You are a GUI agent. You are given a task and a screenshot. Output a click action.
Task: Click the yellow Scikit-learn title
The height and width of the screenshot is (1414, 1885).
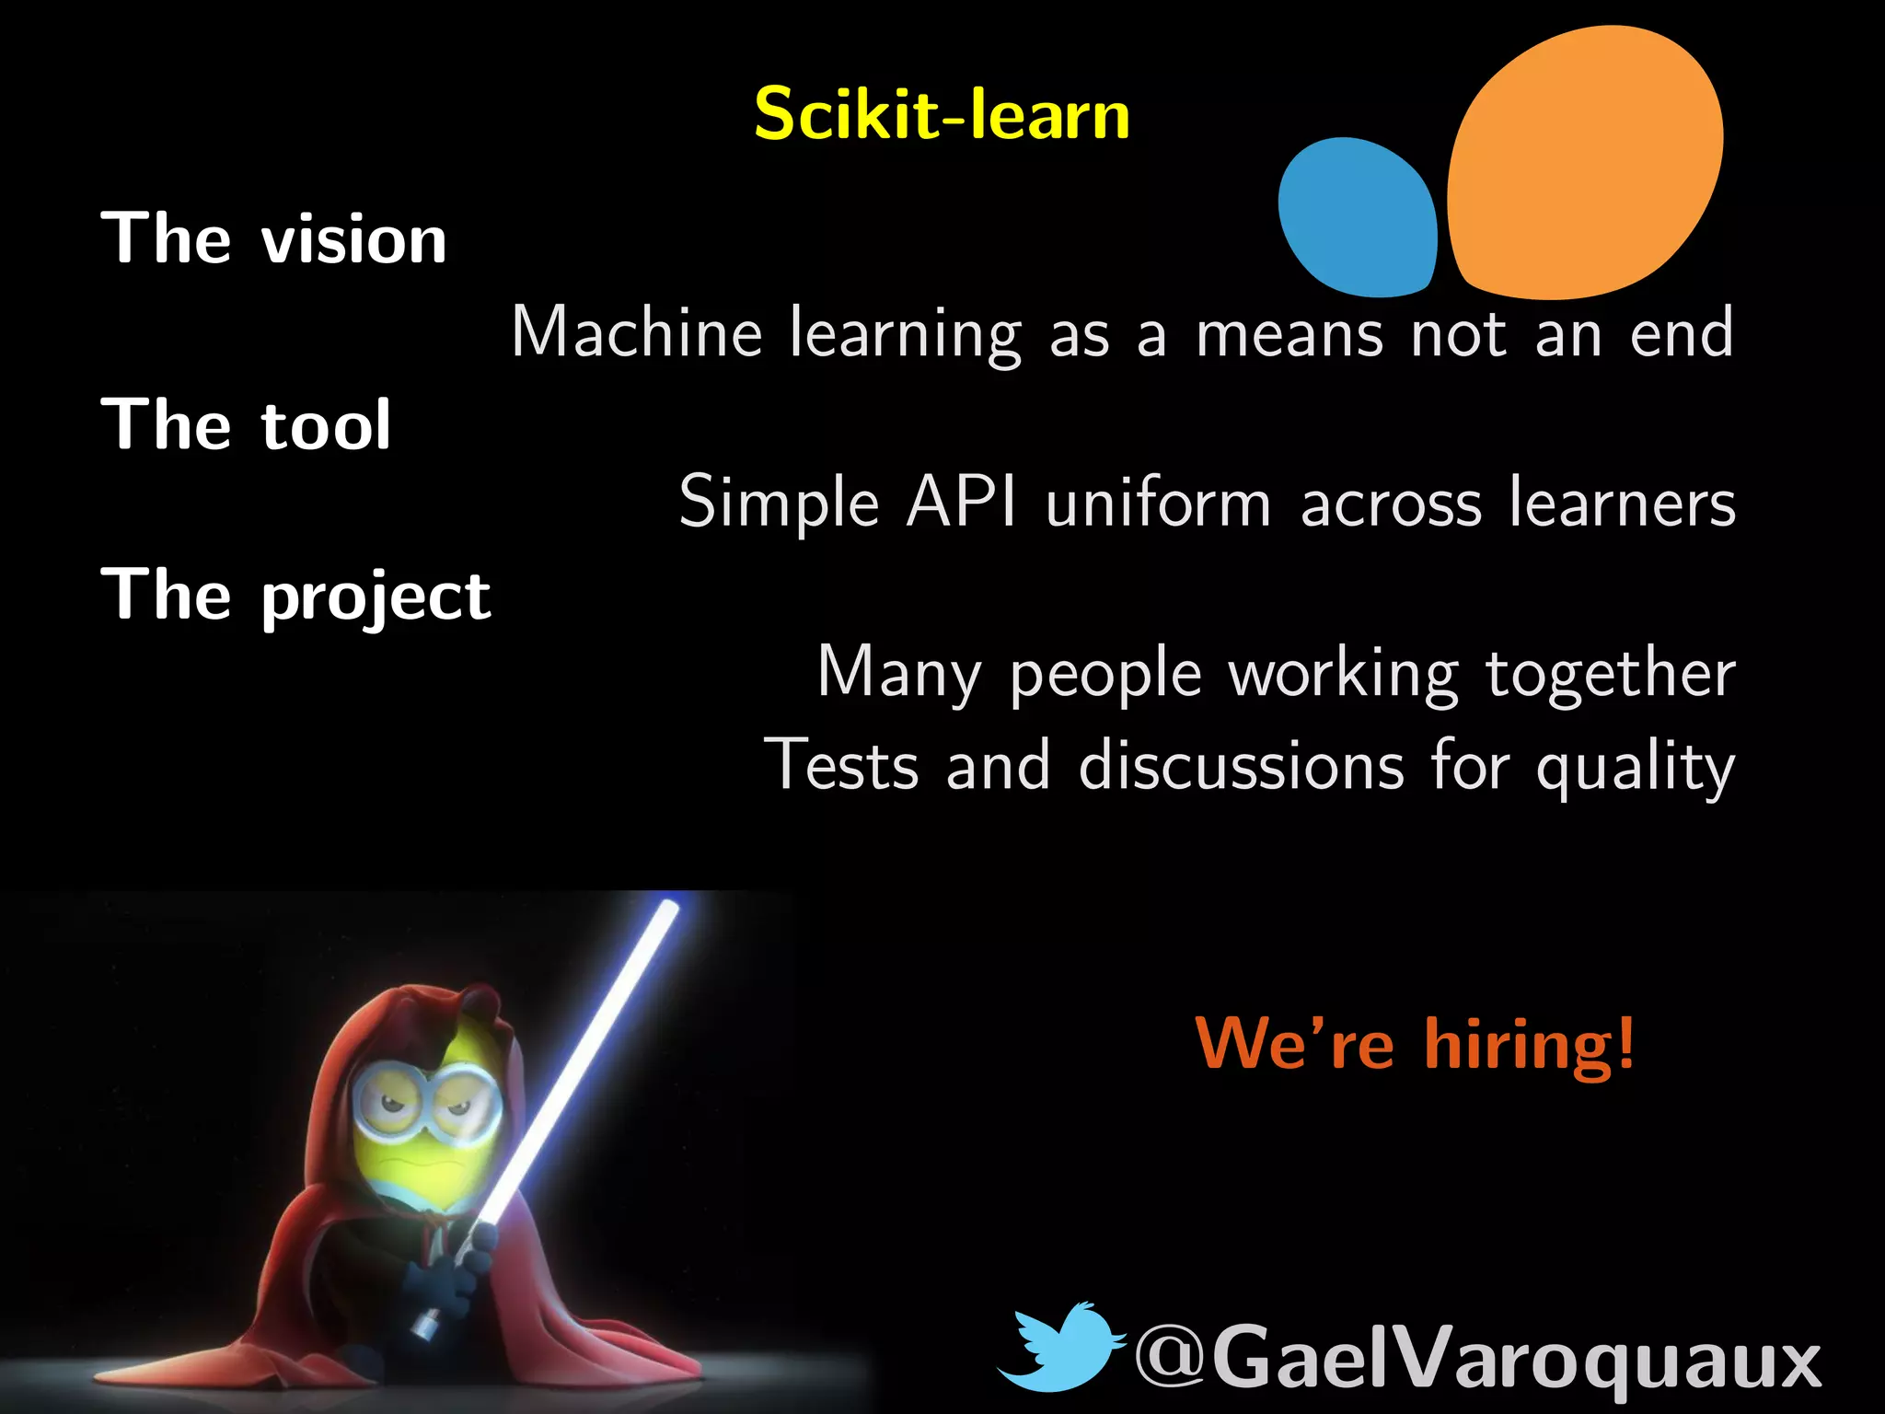[x=942, y=114]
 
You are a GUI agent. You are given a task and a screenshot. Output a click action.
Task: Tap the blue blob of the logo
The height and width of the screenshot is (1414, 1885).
[x=1357, y=218]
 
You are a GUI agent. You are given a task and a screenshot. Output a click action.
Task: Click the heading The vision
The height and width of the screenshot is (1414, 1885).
[x=273, y=238]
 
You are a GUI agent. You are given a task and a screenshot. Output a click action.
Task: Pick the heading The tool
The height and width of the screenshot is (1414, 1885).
[x=246, y=424]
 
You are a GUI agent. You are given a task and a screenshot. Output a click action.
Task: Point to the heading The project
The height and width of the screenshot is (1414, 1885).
[x=295, y=597]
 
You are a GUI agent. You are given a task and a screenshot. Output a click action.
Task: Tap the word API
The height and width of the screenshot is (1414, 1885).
[x=962, y=502]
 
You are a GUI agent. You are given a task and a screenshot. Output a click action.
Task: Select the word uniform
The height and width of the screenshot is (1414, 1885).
[x=1159, y=504]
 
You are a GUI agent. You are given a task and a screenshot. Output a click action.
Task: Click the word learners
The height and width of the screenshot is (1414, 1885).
[x=1622, y=504]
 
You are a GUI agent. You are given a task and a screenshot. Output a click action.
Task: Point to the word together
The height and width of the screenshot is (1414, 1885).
[x=1611, y=674]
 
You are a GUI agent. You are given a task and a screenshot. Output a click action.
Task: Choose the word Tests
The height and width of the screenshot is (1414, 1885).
[x=841, y=765]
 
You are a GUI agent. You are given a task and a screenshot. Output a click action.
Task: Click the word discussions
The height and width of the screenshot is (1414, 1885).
[x=1241, y=765]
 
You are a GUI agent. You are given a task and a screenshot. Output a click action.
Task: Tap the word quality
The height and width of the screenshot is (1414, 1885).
[x=1635, y=770]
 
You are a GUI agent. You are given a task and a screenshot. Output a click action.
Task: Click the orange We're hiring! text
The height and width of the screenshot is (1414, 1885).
[x=1415, y=1045]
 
